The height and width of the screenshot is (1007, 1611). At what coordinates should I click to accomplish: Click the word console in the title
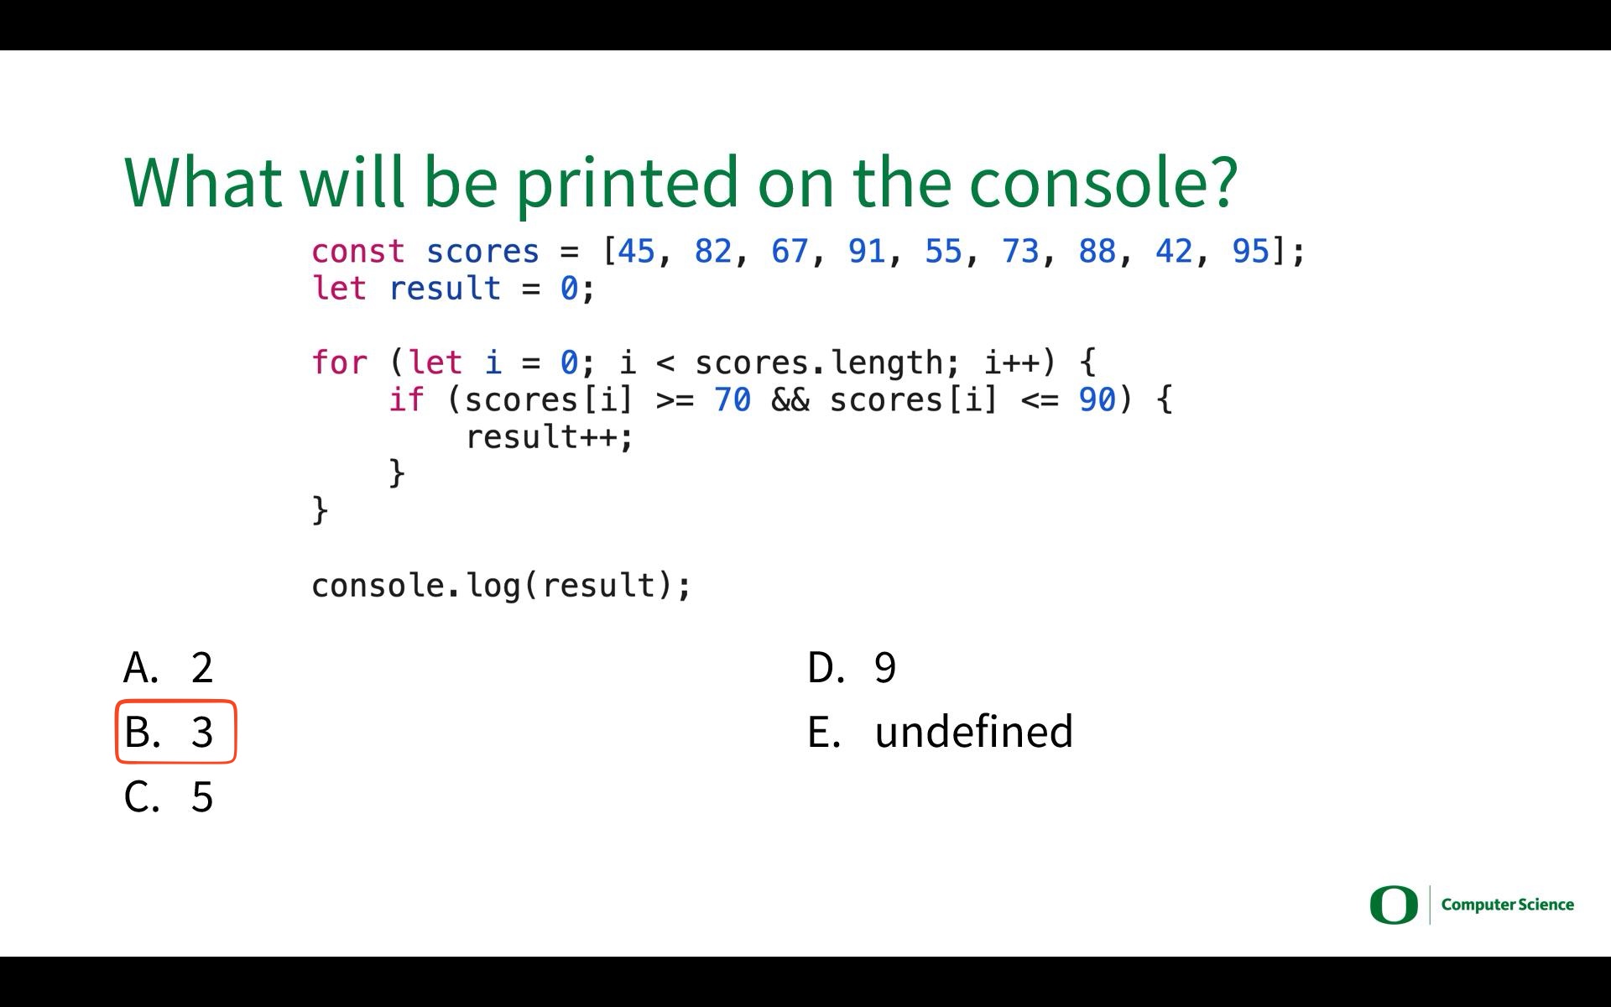[1103, 181]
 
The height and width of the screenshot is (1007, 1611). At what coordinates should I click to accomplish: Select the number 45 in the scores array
[636, 251]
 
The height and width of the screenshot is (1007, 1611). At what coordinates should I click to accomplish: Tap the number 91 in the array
[867, 251]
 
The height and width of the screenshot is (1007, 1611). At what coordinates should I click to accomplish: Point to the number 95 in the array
[1251, 251]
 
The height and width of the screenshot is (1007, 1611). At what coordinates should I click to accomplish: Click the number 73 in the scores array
[1020, 251]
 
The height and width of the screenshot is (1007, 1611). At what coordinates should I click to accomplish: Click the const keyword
[358, 251]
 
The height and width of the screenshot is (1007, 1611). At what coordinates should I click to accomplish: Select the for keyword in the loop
[340, 363]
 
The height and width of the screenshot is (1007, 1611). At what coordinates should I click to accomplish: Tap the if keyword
[407, 399]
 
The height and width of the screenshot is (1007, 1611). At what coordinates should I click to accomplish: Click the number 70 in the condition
[733, 399]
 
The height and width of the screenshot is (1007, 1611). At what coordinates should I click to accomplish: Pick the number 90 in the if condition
[1097, 399]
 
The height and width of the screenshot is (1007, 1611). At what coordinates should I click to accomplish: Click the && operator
[790, 399]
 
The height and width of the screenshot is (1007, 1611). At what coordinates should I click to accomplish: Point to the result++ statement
[550, 437]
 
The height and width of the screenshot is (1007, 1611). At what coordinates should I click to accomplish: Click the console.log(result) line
[501, 585]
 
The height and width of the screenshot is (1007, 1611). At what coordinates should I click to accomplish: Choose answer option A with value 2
[169, 667]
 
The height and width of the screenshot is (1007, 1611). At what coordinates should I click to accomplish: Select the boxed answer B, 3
[176, 732]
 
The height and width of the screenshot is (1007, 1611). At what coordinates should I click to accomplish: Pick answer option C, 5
[169, 796]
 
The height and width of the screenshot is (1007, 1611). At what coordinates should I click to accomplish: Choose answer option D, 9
[852, 667]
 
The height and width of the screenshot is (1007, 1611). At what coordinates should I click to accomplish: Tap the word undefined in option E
[974, 731]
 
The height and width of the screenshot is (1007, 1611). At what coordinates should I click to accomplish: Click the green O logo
[1394, 905]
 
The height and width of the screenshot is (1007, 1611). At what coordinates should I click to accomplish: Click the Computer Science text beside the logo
[1508, 905]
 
